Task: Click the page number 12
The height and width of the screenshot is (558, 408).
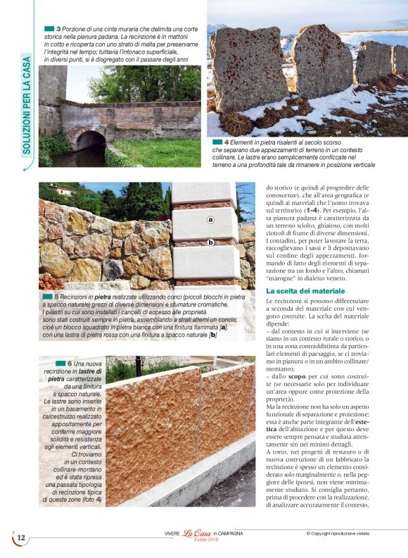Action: pyautogui.click(x=21, y=538)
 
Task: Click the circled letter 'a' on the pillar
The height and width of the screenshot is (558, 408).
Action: pyautogui.click(x=210, y=220)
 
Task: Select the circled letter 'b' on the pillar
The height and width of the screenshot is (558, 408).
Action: pyautogui.click(x=210, y=242)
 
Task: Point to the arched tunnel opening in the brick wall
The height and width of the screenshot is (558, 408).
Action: pyautogui.click(x=90, y=142)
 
